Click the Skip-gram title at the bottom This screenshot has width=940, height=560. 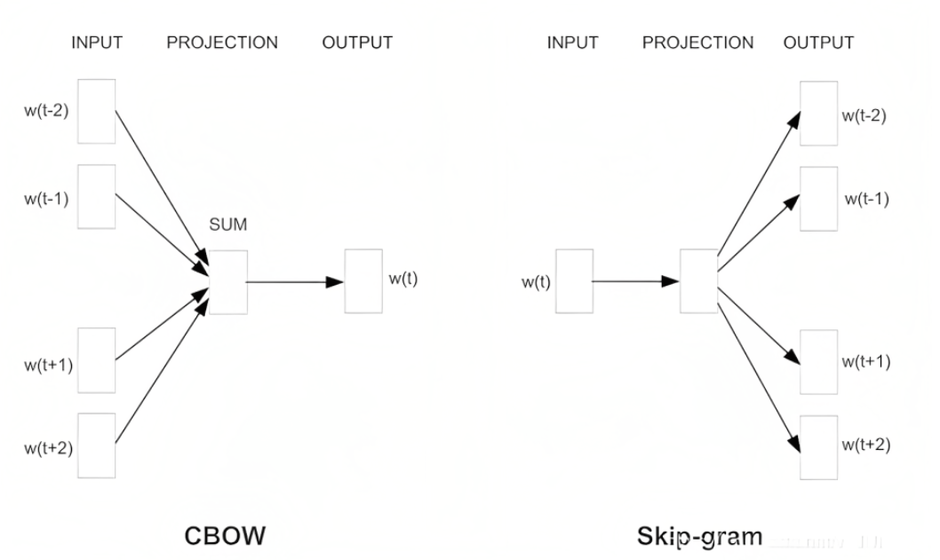coord(699,536)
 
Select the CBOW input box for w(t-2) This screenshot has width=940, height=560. coord(97,111)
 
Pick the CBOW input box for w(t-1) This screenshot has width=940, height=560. coord(97,196)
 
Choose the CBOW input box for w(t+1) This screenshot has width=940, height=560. coord(97,359)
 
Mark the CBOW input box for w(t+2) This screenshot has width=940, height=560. coord(97,444)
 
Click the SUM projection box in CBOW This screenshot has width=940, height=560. coord(228,281)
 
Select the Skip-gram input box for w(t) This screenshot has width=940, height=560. coord(573,281)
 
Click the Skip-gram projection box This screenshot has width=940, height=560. coord(698,281)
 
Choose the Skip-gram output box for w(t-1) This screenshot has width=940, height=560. coord(817,197)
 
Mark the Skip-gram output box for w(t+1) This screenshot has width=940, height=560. coord(817,360)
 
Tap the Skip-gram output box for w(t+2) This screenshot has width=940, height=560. coord(817,446)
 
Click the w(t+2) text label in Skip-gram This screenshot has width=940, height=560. coord(866,444)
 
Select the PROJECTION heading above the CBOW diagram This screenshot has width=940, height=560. coord(222,43)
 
